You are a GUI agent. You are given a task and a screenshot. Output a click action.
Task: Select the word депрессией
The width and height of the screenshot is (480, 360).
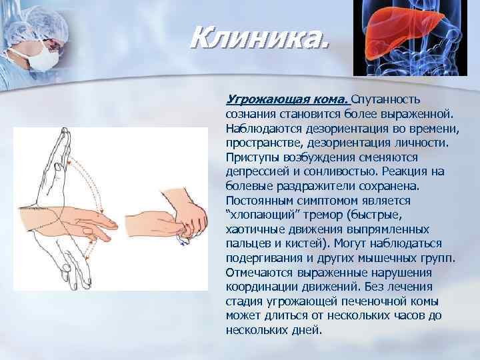tap(254, 171)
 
